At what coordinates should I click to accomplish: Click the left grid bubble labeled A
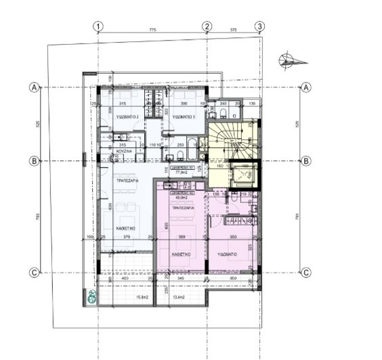point(33,87)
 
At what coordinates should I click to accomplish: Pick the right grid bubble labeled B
point(306,161)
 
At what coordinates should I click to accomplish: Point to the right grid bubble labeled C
point(306,273)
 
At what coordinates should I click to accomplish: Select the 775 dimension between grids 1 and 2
point(152,30)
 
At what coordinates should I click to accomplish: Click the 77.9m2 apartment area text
point(181,172)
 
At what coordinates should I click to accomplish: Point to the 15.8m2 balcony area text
point(142,297)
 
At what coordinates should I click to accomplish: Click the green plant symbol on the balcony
point(91,296)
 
